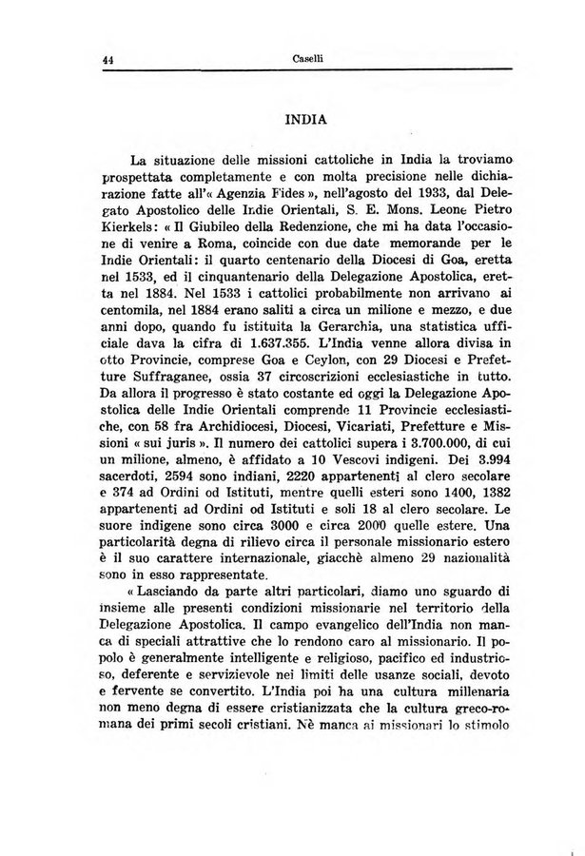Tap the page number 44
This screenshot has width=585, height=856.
point(108,59)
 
